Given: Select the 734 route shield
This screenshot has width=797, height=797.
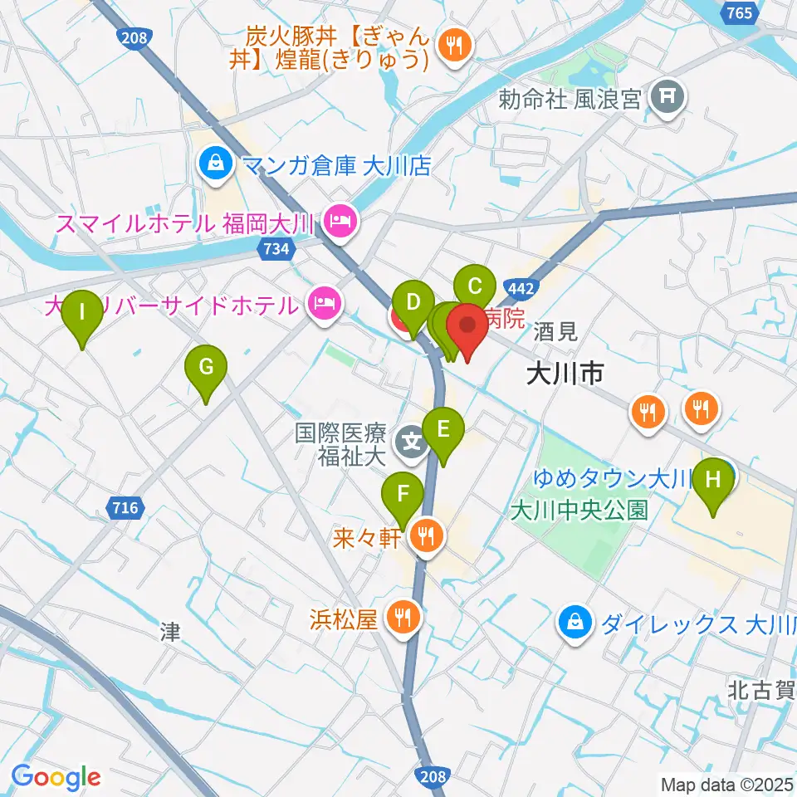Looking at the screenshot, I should [275, 248].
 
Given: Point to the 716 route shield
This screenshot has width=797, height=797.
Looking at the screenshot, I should [125, 506].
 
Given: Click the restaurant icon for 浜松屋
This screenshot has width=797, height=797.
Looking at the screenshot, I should [403, 618].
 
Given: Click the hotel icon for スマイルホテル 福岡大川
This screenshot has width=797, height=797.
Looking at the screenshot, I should [340, 222].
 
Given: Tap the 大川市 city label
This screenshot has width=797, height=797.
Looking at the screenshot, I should [565, 375].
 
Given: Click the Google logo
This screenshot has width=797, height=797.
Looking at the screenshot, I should [56, 777].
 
